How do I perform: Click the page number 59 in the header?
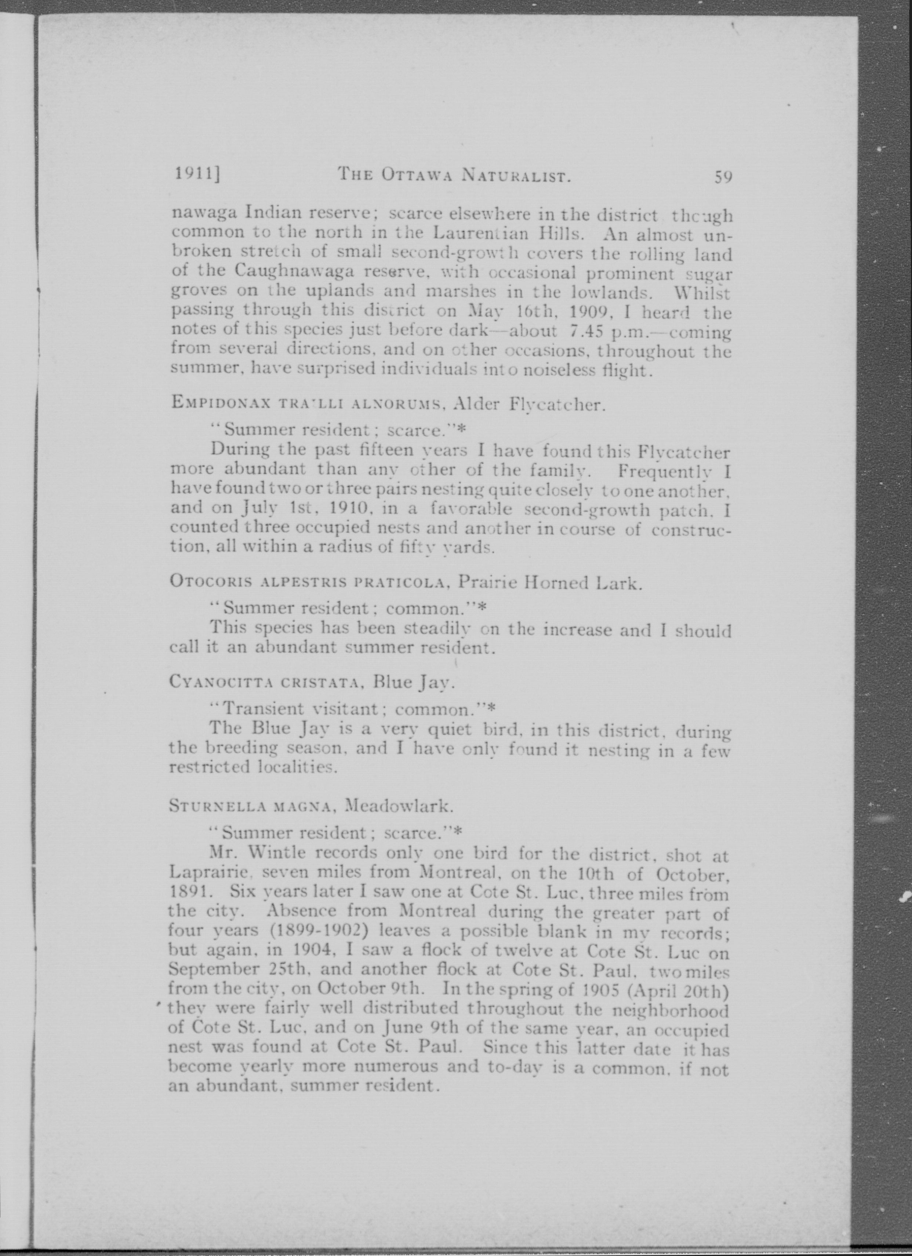723,177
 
